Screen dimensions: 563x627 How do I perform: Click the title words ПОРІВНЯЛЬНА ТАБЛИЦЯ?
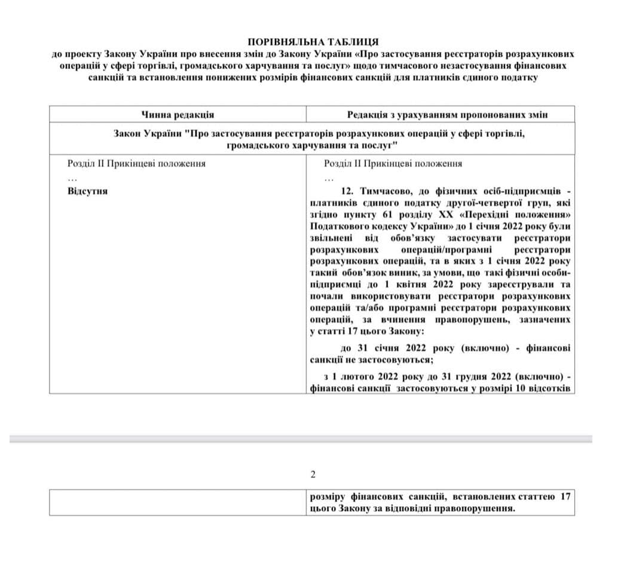pos(313,42)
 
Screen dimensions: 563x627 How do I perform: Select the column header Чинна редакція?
pos(178,114)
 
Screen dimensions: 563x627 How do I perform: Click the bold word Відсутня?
pos(88,191)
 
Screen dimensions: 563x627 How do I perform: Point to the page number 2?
pos(313,475)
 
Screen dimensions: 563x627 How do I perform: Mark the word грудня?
pos(473,377)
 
